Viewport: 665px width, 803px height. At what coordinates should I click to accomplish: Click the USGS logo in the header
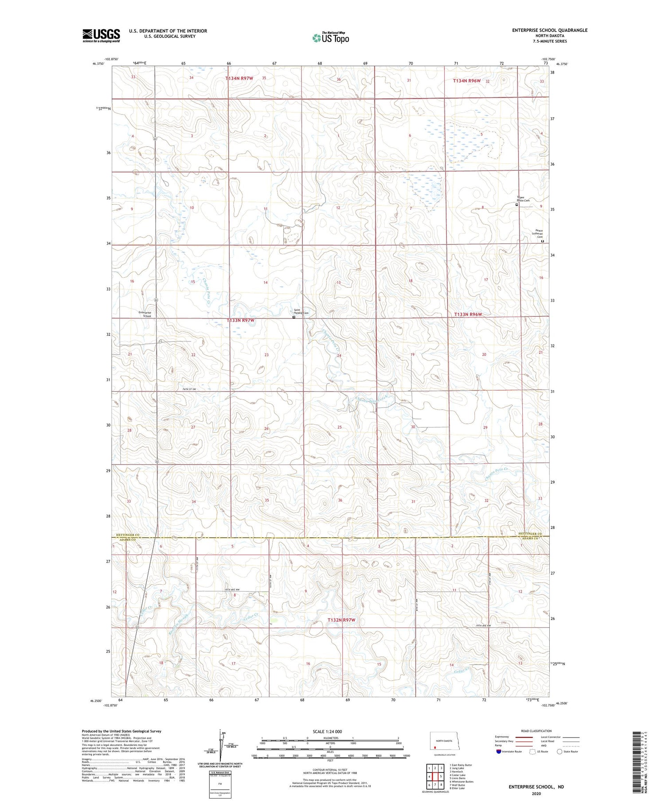pyautogui.click(x=101, y=35)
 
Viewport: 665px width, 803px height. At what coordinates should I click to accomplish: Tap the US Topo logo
pyautogui.click(x=331, y=38)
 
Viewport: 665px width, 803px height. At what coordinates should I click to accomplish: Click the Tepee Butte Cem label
pyautogui.click(x=523, y=199)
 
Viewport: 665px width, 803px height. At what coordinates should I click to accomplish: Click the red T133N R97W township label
pyautogui.click(x=240, y=320)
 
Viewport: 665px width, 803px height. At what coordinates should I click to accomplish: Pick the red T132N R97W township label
pyautogui.click(x=341, y=620)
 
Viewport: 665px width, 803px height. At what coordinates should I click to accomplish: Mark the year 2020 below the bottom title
pyautogui.click(x=536, y=793)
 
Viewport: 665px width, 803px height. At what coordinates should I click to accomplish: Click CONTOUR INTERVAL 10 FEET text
pyautogui.click(x=330, y=770)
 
